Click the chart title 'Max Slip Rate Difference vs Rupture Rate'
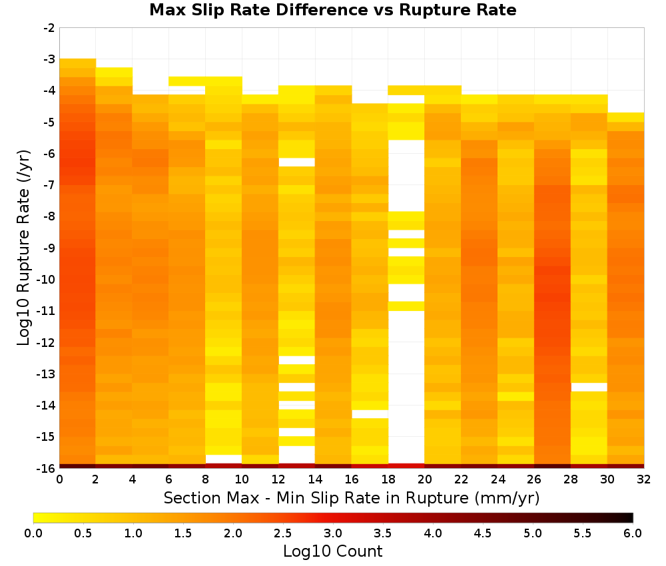[332, 10]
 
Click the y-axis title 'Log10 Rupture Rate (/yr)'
[23, 248]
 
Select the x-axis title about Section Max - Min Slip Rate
[351, 498]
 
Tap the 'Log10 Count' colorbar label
[332, 551]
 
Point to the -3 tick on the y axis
[49, 59]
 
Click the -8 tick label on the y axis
[49, 216]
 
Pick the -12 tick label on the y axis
[47, 342]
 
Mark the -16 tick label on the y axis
[47, 468]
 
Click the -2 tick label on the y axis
[49, 28]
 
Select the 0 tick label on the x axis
[59, 479]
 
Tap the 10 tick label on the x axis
[242, 479]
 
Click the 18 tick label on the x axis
[388, 479]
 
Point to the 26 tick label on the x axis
[534, 479]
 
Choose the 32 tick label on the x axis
[644, 479]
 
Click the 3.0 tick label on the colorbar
[333, 533]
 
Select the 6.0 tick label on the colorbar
[633, 533]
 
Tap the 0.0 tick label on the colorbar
[33, 533]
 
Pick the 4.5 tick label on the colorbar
[483, 533]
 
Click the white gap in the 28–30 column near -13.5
[589, 388]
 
